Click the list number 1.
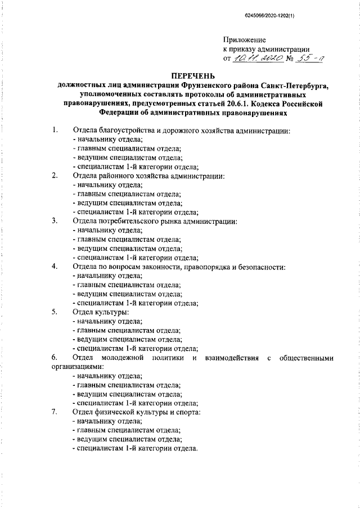(54, 131)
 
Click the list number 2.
(54, 176)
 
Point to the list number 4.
(54, 266)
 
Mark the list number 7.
(54, 412)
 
